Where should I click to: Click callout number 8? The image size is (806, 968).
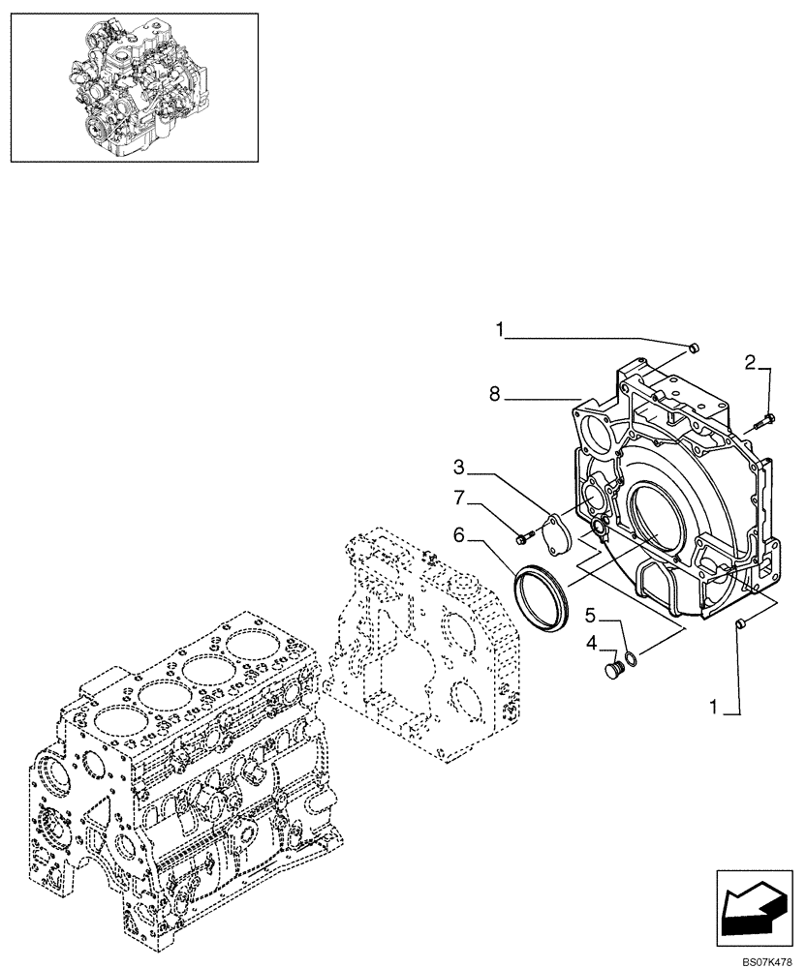pyautogui.click(x=496, y=395)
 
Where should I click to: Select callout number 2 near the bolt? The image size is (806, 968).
pyautogui.click(x=750, y=363)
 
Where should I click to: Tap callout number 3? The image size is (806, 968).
pyautogui.click(x=460, y=468)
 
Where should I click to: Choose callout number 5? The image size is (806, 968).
pyautogui.click(x=589, y=614)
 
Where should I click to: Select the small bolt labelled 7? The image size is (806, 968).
pyautogui.click(x=524, y=534)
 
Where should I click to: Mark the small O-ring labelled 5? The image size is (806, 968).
pyautogui.click(x=631, y=660)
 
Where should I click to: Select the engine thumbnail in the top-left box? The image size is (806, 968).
pyautogui.click(x=135, y=86)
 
